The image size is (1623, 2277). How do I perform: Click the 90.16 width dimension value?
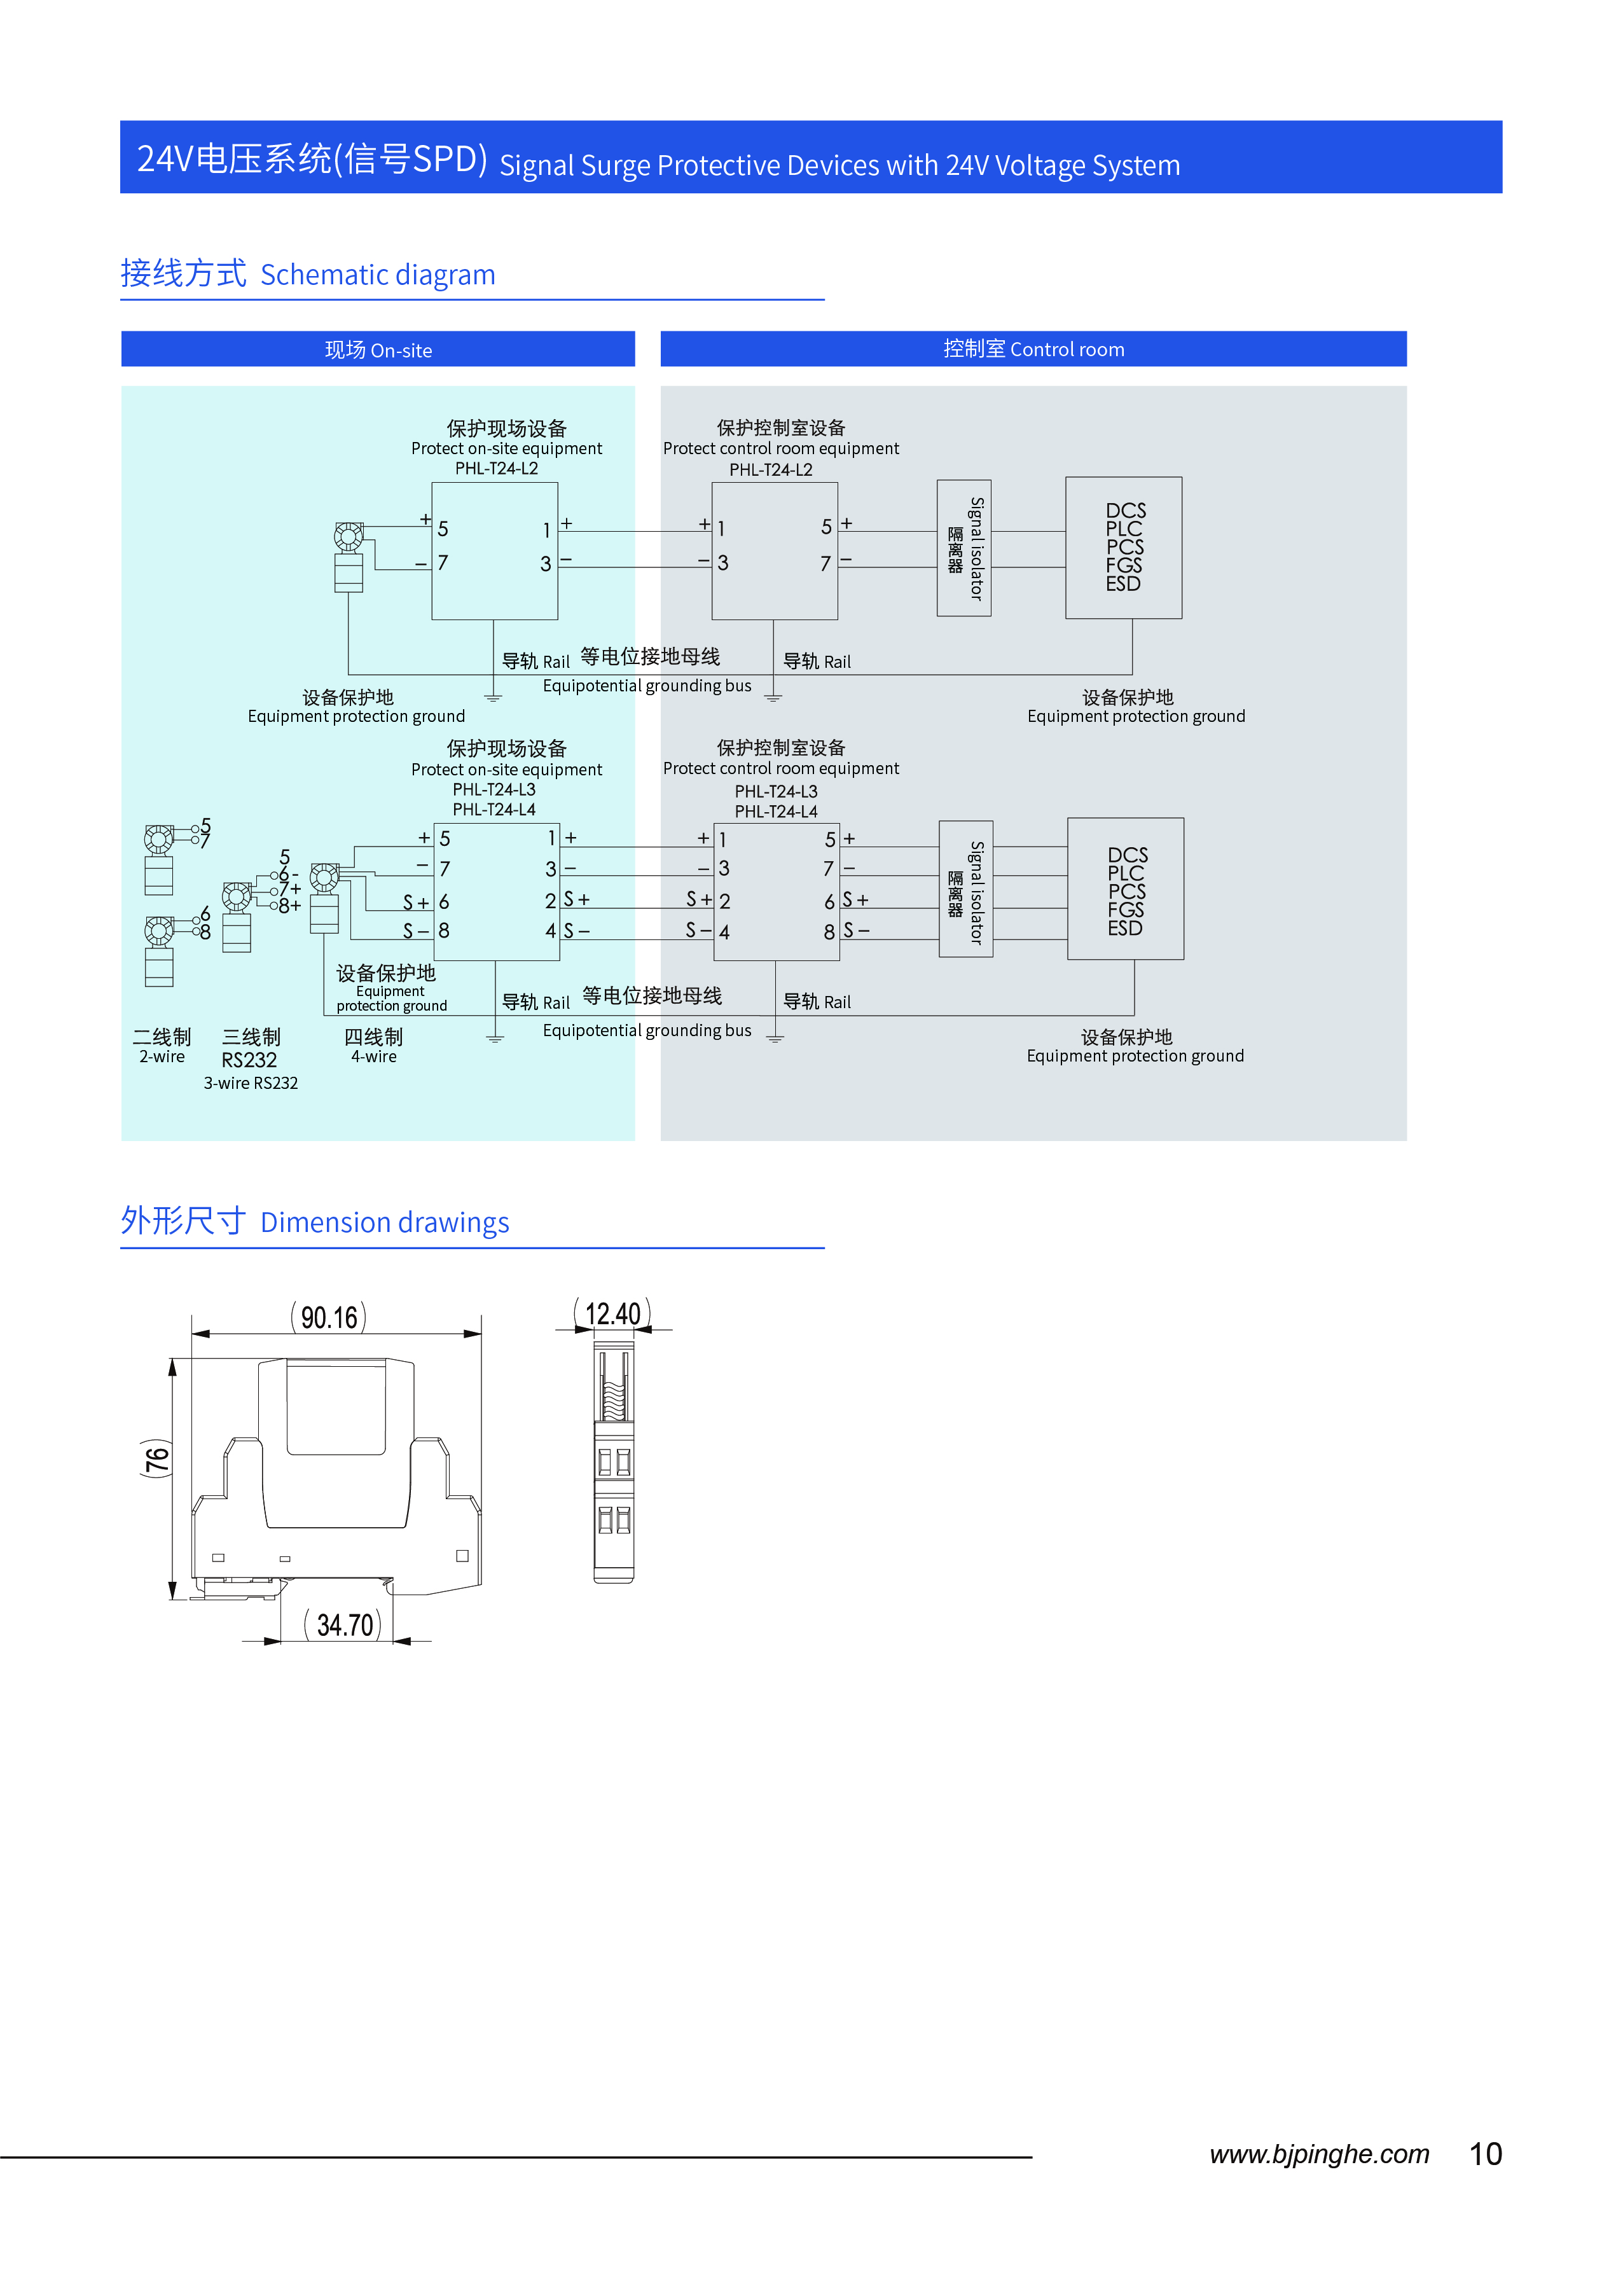(x=329, y=1317)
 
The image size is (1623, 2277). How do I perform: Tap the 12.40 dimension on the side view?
(x=612, y=1313)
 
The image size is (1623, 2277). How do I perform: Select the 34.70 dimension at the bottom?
(x=345, y=1625)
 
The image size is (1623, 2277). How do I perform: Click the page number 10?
(x=1485, y=2154)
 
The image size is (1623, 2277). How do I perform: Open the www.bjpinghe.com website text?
(x=1318, y=2154)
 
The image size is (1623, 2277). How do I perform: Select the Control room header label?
(x=1033, y=349)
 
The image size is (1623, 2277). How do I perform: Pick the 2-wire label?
(x=162, y=1056)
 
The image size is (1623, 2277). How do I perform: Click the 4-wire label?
(x=374, y=1056)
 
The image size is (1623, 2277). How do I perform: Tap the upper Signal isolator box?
(x=964, y=548)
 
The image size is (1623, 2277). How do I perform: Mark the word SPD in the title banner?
(x=444, y=160)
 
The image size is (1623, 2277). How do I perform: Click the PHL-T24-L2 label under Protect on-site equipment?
(x=497, y=469)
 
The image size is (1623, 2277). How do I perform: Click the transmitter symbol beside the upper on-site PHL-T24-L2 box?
(x=349, y=556)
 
